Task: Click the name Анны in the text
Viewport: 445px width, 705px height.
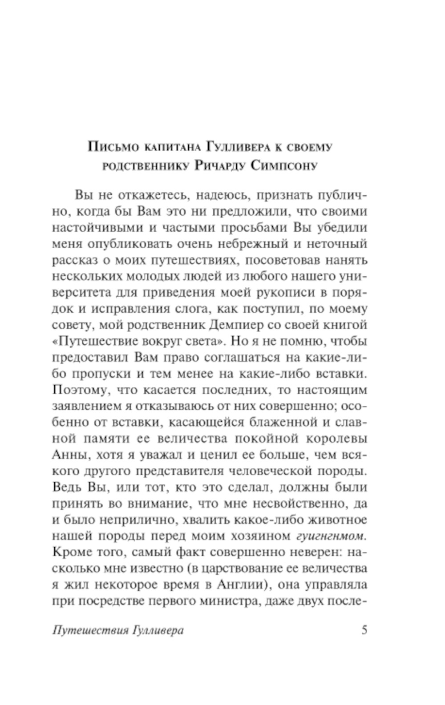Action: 66,455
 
